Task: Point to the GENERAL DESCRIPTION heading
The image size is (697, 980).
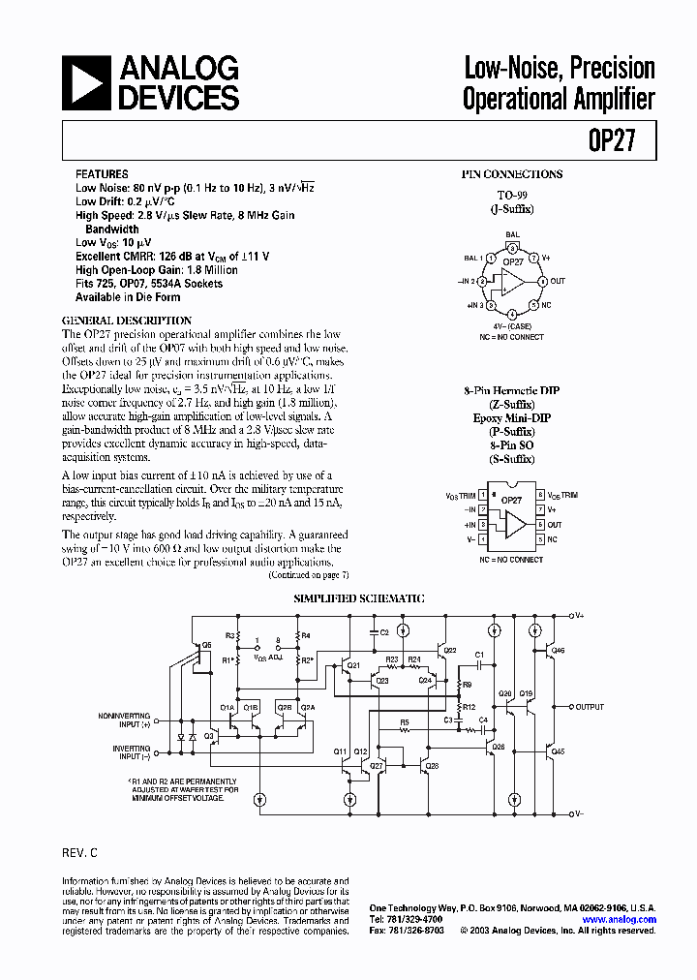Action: pos(127,321)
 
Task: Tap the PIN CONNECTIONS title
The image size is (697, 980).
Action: pos(511,174)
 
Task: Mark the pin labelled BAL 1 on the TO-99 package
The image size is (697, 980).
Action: pos(473,259)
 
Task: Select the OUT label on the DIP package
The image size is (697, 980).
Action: pos(555,525)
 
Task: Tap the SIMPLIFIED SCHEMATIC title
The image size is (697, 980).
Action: pos(359,599)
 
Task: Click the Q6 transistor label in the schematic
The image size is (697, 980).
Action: pos(205,645)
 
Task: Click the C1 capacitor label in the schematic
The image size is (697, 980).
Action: pos(478,655)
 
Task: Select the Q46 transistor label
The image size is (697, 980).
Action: pos(559,651)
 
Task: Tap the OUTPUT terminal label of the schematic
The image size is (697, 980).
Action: pos(590,707)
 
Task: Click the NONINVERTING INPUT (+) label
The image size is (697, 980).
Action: pos(125,719)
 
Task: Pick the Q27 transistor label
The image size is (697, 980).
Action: pos(377,765)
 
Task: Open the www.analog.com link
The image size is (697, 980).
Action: pos(621,920)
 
